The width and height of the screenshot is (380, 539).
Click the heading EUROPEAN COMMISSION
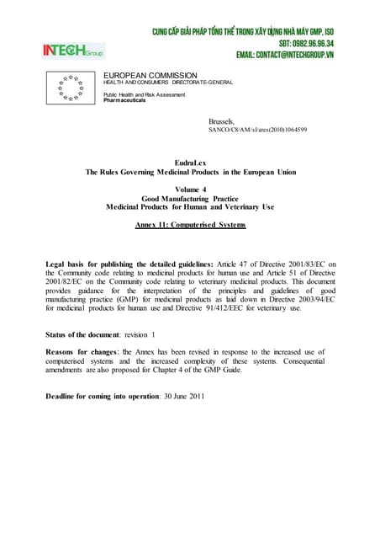pyautogui.click(x=150, y=75)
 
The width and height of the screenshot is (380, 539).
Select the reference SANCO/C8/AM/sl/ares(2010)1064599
pyautogui.click(x=257, y=131)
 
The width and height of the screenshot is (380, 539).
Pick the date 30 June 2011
pyautogui.click(x=182, y=396)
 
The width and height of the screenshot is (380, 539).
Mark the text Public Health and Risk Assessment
pyautogui.click(x=143, y=94)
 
